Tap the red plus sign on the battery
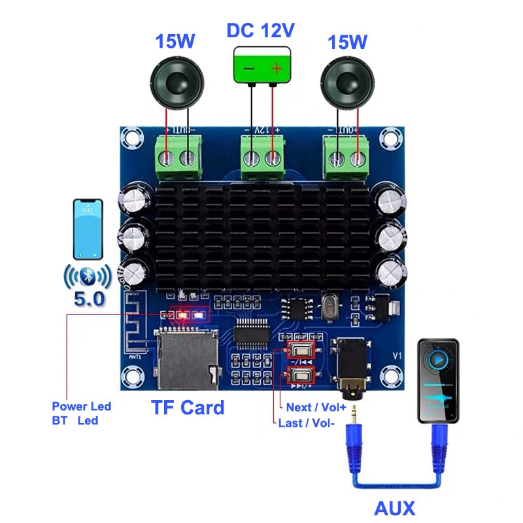pyautogui.click(x=276, y=68)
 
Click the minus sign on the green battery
pyautogui.click(x=249, y=68)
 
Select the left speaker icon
pyautogui.click(x=177, y=84)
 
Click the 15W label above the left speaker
pyautogui.click(x=175, y=42)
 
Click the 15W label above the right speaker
pyautogui.click(x=346, y=42)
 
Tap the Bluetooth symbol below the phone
pyautogui.click(x=89, y=276)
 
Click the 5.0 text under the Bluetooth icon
pyautogui.click(x=89, y=299)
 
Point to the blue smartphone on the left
pyautogui.click(x=90, y=228)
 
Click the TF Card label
pyautogui.click(x=188, y=407)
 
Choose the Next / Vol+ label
pyautogui.click(x=317, y=407)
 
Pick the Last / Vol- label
pyautogui.click(x=307, y=423)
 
